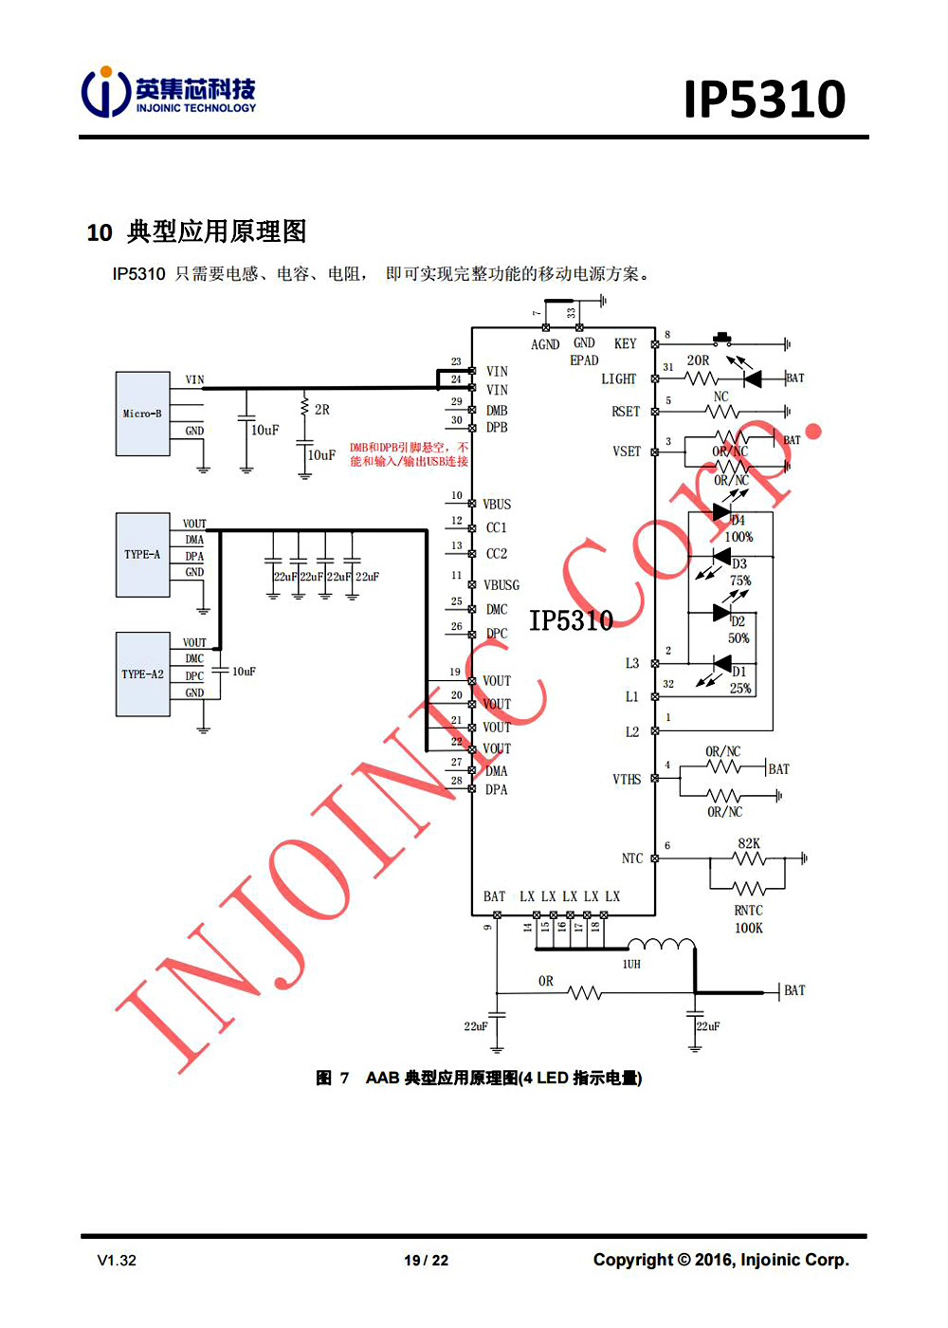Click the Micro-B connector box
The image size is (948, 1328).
pos(142,414)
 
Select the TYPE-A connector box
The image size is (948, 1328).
pos(142,555)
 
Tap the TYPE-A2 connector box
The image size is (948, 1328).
pos(142,674)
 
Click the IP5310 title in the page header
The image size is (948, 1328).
pos(764,100)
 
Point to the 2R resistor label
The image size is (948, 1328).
pos(322,410)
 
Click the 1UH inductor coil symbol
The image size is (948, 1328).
pos(661,945)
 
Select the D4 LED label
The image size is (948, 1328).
pos(738,521)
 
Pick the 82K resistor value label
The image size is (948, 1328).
pos(749,843)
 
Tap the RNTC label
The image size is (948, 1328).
pos(749,911)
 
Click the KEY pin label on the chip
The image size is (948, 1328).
pos(625,343)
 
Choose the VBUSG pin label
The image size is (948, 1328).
pos(501,585)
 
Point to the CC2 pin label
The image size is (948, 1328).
pos(497,553)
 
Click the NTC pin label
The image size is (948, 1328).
pos(632,858)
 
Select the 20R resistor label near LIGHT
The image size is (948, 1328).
pos(698,360)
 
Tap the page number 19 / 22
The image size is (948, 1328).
pos(427,1261)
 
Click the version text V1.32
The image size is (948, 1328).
pos(117,1261)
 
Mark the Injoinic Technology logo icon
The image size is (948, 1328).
pos(105,92)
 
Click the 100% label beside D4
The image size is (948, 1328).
pos(739,537)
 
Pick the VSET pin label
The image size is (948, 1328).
pos(627,452)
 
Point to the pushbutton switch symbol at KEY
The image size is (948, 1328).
pos(725,339)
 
